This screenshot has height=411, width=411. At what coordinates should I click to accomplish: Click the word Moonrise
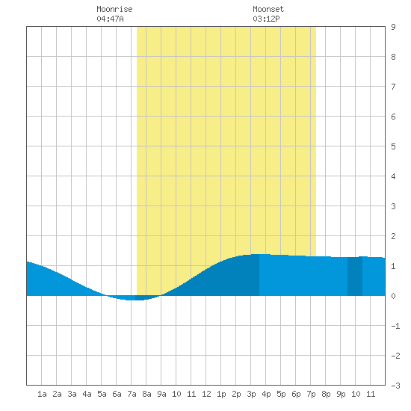[x=114, y=9]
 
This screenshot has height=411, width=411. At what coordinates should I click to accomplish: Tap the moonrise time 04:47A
[x=110, y=19]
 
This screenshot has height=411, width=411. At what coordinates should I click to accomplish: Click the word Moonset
[x=268, y=9]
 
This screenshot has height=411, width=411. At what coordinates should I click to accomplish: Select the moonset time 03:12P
[x=266, y=19]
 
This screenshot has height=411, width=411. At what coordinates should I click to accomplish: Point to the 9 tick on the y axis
[x=393, y=27]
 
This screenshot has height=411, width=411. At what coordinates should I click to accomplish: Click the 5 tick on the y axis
[x=393, y=146]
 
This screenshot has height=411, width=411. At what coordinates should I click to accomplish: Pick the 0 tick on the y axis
[x=393, y=296]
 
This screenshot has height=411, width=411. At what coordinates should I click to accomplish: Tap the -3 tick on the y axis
[x=395, y=386]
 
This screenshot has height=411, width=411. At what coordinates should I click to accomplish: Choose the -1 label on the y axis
[x=395, y=326]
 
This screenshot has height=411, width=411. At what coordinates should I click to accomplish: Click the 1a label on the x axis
[x=42, y=394]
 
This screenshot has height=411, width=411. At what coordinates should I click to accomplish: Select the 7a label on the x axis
[x=132, y=394]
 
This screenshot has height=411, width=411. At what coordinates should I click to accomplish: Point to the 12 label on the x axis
[x=206, y=394]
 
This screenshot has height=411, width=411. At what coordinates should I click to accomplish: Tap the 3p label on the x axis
[x=251, y=394]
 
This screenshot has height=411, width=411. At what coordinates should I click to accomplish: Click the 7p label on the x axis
[x=311, y=394]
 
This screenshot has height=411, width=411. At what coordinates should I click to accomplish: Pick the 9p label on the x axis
[x=341, y=394]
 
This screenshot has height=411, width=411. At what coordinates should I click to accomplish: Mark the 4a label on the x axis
[x=87, y=394]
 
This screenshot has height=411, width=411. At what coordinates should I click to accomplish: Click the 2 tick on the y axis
[x=393, y=236]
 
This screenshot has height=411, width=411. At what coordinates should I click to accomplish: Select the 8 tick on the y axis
[x=393, y=57]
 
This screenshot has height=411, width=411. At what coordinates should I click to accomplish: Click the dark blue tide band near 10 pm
[x=355, y=276]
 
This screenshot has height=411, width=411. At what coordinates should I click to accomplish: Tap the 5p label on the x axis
[x=281, y=394]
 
